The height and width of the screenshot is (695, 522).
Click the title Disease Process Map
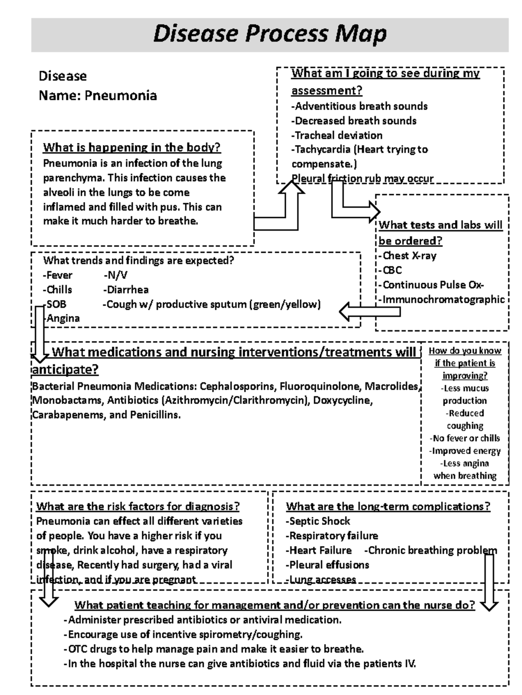click(270, 34)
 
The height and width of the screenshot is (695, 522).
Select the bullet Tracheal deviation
click(337, 135)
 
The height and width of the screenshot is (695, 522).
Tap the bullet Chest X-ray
click(408, 256)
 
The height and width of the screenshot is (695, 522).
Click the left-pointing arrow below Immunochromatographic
click(369, 311)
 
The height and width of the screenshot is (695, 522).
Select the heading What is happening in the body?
click(132, 148)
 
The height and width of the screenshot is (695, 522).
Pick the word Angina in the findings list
click(63, 318)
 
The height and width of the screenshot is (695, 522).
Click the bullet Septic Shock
click(318, 521)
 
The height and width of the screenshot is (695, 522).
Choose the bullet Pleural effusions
click(328, 565)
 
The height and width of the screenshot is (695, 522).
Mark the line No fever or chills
click(465, 438)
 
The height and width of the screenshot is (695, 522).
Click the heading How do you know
click(465, 351)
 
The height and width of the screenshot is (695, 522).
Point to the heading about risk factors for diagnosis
click(138, 506)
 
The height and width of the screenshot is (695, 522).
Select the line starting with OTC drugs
click(214, 649)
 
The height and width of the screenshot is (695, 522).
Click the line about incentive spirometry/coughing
click(183, 634)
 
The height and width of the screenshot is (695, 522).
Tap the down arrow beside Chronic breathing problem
click(489, 582)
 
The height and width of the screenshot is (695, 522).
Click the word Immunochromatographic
click(442, 299)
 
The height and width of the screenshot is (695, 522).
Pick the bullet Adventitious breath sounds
click(359, 106)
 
